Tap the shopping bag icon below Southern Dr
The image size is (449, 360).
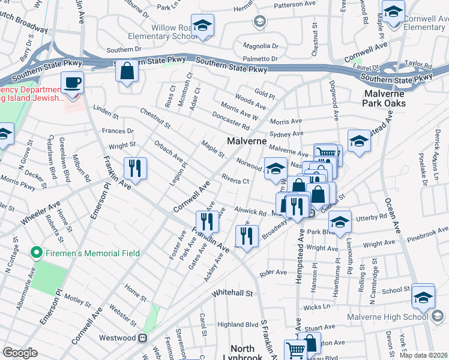[127, 71]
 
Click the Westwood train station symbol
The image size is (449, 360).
[143, 338]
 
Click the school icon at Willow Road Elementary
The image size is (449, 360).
[203, 26]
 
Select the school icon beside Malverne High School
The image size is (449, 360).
[423, 297]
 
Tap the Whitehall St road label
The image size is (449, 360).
[233, 293]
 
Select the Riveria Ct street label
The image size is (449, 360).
[235, 180]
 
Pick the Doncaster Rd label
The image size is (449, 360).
[231, 121]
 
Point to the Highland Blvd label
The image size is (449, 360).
[238, 325]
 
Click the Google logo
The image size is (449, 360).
[20, 352]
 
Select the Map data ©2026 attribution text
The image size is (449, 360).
[424, 355]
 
